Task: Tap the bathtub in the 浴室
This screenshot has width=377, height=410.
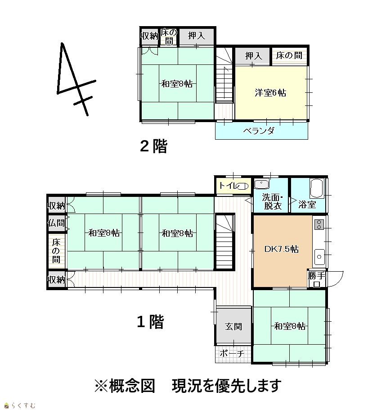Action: click(317, 188)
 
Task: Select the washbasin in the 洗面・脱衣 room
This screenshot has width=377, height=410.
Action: click(261, 184)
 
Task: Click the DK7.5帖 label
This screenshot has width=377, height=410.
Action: click(282, 249)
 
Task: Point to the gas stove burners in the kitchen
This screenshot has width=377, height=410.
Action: click(319, 225)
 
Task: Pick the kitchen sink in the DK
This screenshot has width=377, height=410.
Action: click(319, 257)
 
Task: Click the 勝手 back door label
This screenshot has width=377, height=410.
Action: click(316, 275)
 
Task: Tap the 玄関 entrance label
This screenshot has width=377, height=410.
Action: click(233, 326)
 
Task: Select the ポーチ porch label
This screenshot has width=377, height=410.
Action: click(232, 354)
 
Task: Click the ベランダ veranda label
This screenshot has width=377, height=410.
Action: click(259, 131)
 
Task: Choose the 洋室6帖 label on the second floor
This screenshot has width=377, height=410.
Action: click(270, 93)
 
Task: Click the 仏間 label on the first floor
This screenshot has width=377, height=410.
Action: click(56, 223)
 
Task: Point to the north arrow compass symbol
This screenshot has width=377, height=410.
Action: click(76, 78)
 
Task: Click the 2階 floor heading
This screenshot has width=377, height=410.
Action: click(153, 146)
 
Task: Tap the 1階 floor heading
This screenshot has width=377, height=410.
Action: click(150, 322)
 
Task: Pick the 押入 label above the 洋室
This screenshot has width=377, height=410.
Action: click(253, 56)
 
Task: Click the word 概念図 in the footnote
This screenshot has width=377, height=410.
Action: click(132, 386)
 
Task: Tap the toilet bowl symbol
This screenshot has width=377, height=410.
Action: click(242, 186)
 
